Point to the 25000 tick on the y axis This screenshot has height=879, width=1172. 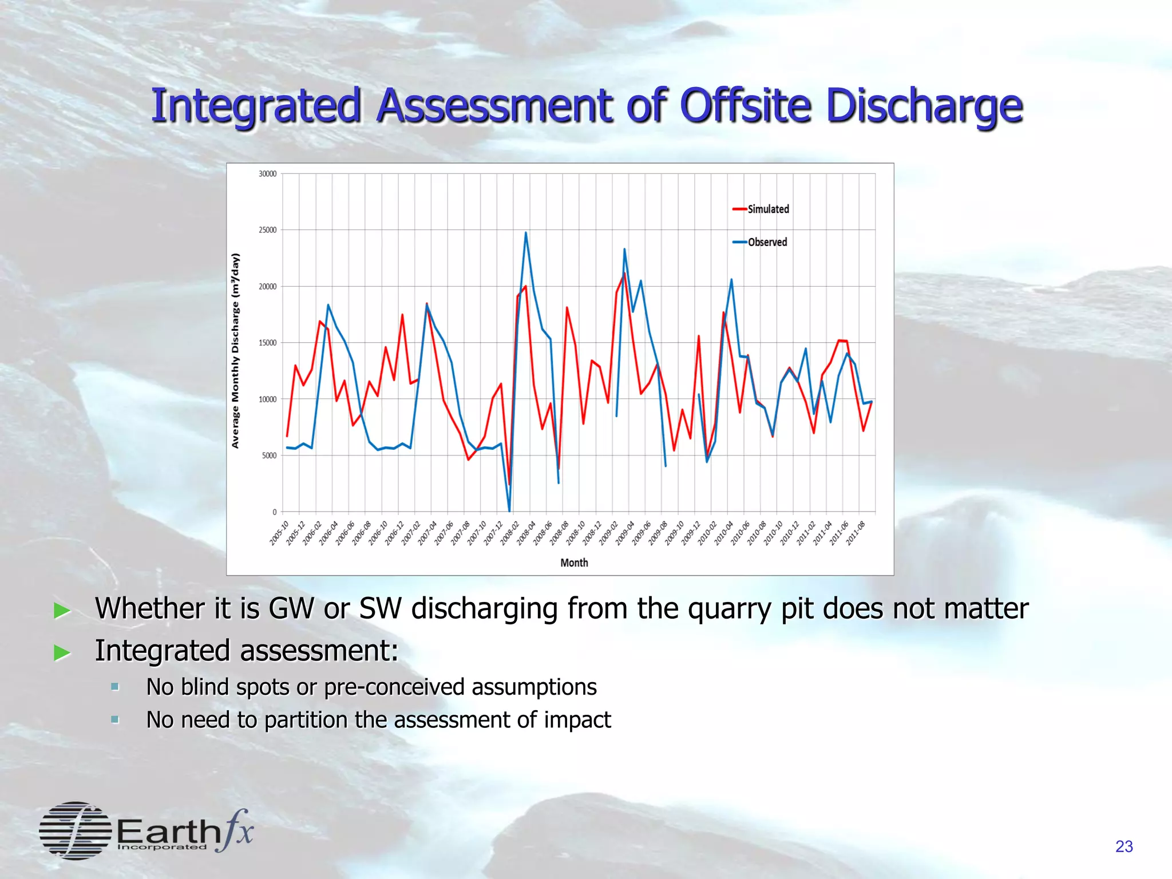(x=267, y=230)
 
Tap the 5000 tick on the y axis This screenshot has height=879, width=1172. (x=269, y=456)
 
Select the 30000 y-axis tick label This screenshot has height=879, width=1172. (x=267, y=174)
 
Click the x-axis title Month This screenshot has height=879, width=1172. (x=574, y=563)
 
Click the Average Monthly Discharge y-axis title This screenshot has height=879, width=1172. (x=235, y=350)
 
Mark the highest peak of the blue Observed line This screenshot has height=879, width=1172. (x=526, y=232)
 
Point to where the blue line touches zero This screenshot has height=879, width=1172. (x=509, y=510)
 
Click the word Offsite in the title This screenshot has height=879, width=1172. (x=746, y=106)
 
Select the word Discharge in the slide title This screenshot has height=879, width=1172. (x=924, y=107)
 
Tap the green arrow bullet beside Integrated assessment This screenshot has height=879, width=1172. (x=62, y=652)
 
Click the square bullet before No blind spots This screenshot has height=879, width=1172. (x=115, y=687)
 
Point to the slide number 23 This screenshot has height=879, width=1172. (x=1124, y=846)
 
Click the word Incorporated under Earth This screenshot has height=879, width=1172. (x=161, y=847)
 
